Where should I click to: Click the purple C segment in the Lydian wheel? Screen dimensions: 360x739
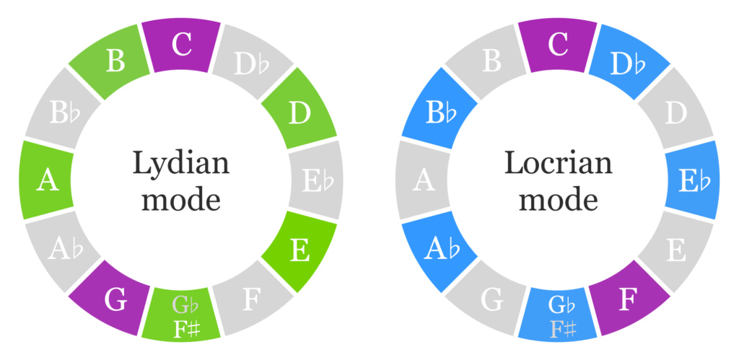pos(180,45)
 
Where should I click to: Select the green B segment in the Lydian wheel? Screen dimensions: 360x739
pos(115,62)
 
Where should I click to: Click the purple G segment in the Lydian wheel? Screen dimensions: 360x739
pos(115,297)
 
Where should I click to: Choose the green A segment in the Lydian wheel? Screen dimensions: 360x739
pos(47,180)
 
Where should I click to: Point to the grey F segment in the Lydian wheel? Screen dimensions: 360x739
pos(248,297)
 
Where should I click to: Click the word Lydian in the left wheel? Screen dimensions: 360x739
pos(180,163)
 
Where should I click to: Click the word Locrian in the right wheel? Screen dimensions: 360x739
pos(558,163)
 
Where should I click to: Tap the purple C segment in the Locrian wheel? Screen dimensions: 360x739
pos(558,45)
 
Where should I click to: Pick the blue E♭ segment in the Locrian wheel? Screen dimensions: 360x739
pos(694,180)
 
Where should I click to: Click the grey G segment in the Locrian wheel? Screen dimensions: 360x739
pos(492,297)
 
